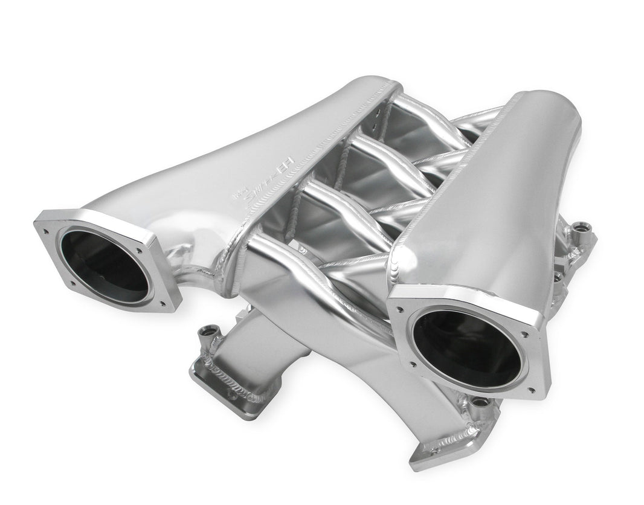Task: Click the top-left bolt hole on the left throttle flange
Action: coord(45,228)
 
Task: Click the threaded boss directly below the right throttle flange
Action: coord(480,402)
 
